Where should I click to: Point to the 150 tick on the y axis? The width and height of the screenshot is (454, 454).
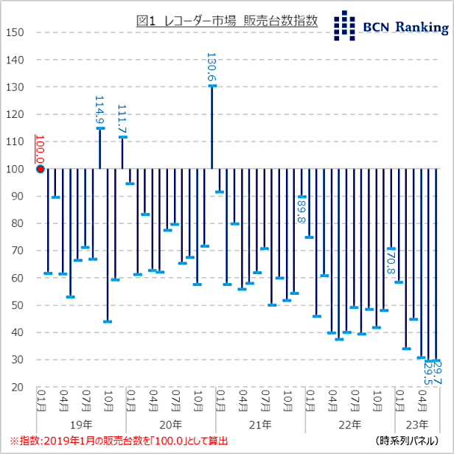pos(15,32)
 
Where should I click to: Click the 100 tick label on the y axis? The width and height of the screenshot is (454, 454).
pos(15,169)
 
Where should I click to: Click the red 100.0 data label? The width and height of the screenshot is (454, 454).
pos(40,150)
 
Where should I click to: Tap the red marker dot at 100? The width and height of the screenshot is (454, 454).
pos(40,169)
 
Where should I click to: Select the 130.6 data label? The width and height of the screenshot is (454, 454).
pos(212,67)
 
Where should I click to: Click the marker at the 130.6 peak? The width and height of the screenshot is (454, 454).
pos(212,85)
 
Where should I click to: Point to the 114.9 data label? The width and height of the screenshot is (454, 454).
pos(100,110)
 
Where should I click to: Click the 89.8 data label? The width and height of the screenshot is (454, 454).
pos(301,214)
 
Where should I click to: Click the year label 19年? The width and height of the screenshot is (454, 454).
pos(83,425)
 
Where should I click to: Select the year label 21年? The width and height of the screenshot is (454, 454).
pos(261,425)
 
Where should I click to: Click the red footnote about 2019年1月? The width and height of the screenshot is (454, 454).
pos(118,441)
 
